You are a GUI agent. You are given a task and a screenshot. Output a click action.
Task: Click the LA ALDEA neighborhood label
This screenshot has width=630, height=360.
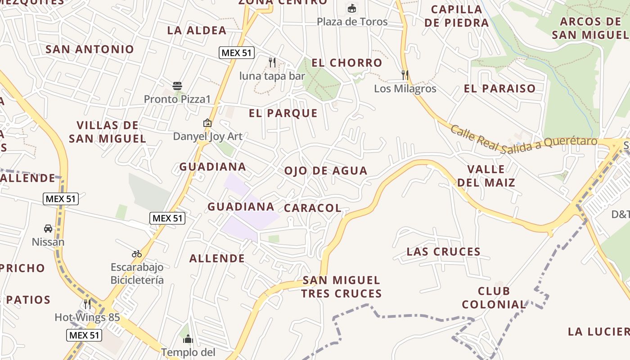[197, 31]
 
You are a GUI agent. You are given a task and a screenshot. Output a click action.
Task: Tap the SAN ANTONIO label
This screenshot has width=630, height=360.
[90, 49]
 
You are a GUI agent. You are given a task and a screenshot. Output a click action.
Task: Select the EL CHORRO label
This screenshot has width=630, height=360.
[347, 63]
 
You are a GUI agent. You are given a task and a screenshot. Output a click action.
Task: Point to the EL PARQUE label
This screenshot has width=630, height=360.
[283, 113]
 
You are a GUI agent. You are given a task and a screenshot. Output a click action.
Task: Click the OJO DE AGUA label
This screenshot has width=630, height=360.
[326, 171]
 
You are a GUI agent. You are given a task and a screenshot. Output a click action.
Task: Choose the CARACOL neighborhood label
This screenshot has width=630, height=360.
[313, 208]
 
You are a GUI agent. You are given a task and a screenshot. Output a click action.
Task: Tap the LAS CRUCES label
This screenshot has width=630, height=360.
[444, 252]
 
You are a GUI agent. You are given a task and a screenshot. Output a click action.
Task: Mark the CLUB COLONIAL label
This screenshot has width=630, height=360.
[494, 298]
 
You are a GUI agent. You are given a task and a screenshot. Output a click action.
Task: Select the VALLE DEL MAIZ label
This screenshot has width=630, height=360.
[486, 176]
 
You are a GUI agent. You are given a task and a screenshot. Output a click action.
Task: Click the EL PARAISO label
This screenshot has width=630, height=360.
[500, 89]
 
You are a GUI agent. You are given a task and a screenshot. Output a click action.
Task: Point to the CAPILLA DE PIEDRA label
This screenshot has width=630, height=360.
[456, 16]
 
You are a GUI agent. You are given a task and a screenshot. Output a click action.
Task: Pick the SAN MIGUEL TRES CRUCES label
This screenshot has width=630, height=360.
[342, 287]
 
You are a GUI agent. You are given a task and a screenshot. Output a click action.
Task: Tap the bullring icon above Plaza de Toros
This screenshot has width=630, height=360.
[352, 8]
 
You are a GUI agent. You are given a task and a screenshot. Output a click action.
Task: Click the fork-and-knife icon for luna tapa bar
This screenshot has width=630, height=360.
[272, 62]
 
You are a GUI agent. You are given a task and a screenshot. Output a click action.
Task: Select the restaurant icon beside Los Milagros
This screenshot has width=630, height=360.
[405, 75]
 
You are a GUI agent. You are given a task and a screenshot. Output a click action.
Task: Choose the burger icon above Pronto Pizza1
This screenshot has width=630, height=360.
[177, 85]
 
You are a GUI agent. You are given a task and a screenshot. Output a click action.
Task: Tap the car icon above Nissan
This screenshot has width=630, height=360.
[48, 229]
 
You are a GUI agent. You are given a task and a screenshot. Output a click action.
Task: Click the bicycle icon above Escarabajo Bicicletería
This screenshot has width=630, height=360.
[137, 254]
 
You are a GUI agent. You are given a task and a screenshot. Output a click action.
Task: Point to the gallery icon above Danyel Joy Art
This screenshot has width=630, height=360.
[207, 122]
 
